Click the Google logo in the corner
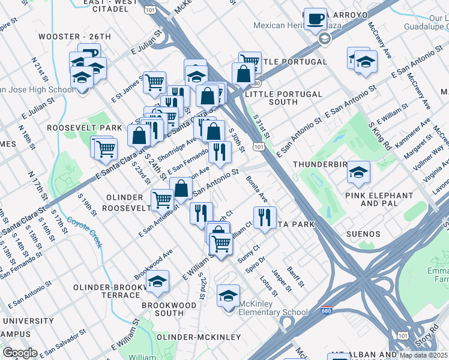[19, 353]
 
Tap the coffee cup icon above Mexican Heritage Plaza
[315, 19]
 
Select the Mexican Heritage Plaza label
[288, 25]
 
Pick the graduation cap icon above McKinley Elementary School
[228, 296]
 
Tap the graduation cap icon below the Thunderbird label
[359, 172]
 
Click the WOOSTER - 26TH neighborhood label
[75, 37]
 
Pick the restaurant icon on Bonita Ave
[264, 217]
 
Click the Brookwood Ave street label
[154, 263]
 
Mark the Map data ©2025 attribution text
[424, 355]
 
